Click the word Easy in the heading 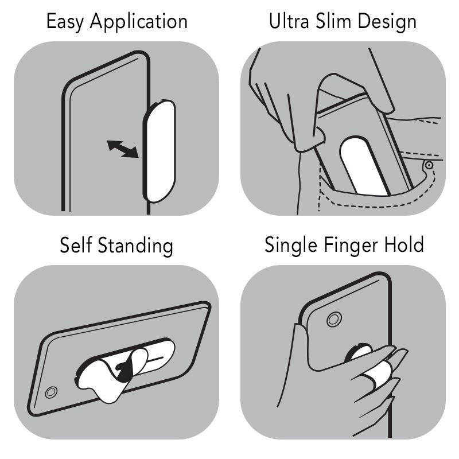tap(65, 22)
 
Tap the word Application tap(139, 22)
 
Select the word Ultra tap(289, 21)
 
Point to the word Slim tap(333, 21)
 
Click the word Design tap(387, 22)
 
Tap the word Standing tap(135, 246)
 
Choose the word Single tap(291, 246)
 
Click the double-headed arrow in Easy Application tap(123, 149)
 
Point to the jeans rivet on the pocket tap(429, 165)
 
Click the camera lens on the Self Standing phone tap(51, 392)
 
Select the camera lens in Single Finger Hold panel tap(334, 320)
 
